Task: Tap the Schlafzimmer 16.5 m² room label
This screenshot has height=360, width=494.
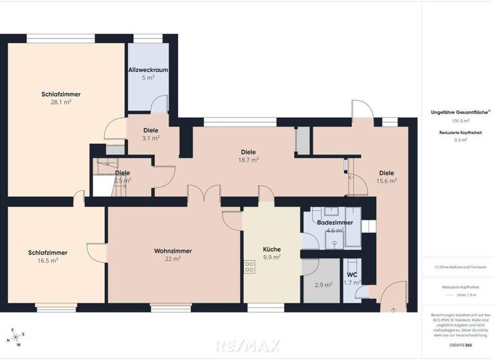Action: [x=48, y=253]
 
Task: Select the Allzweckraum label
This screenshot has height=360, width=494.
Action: [x=148, y=69]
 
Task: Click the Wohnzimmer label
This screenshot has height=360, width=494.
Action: [x=173, y=251]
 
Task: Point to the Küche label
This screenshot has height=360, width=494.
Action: [x=272, y=249]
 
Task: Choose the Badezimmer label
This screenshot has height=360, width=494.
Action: [x=334, y=222]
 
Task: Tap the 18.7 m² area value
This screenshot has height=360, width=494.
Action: [x=249, y=159]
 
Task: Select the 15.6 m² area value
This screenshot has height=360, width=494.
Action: [x=387, y=181]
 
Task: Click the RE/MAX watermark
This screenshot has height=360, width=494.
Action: [x=248, y=346]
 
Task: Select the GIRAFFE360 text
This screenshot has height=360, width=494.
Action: [x=459, y=345]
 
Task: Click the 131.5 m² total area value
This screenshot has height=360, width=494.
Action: [x=459, y=120]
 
